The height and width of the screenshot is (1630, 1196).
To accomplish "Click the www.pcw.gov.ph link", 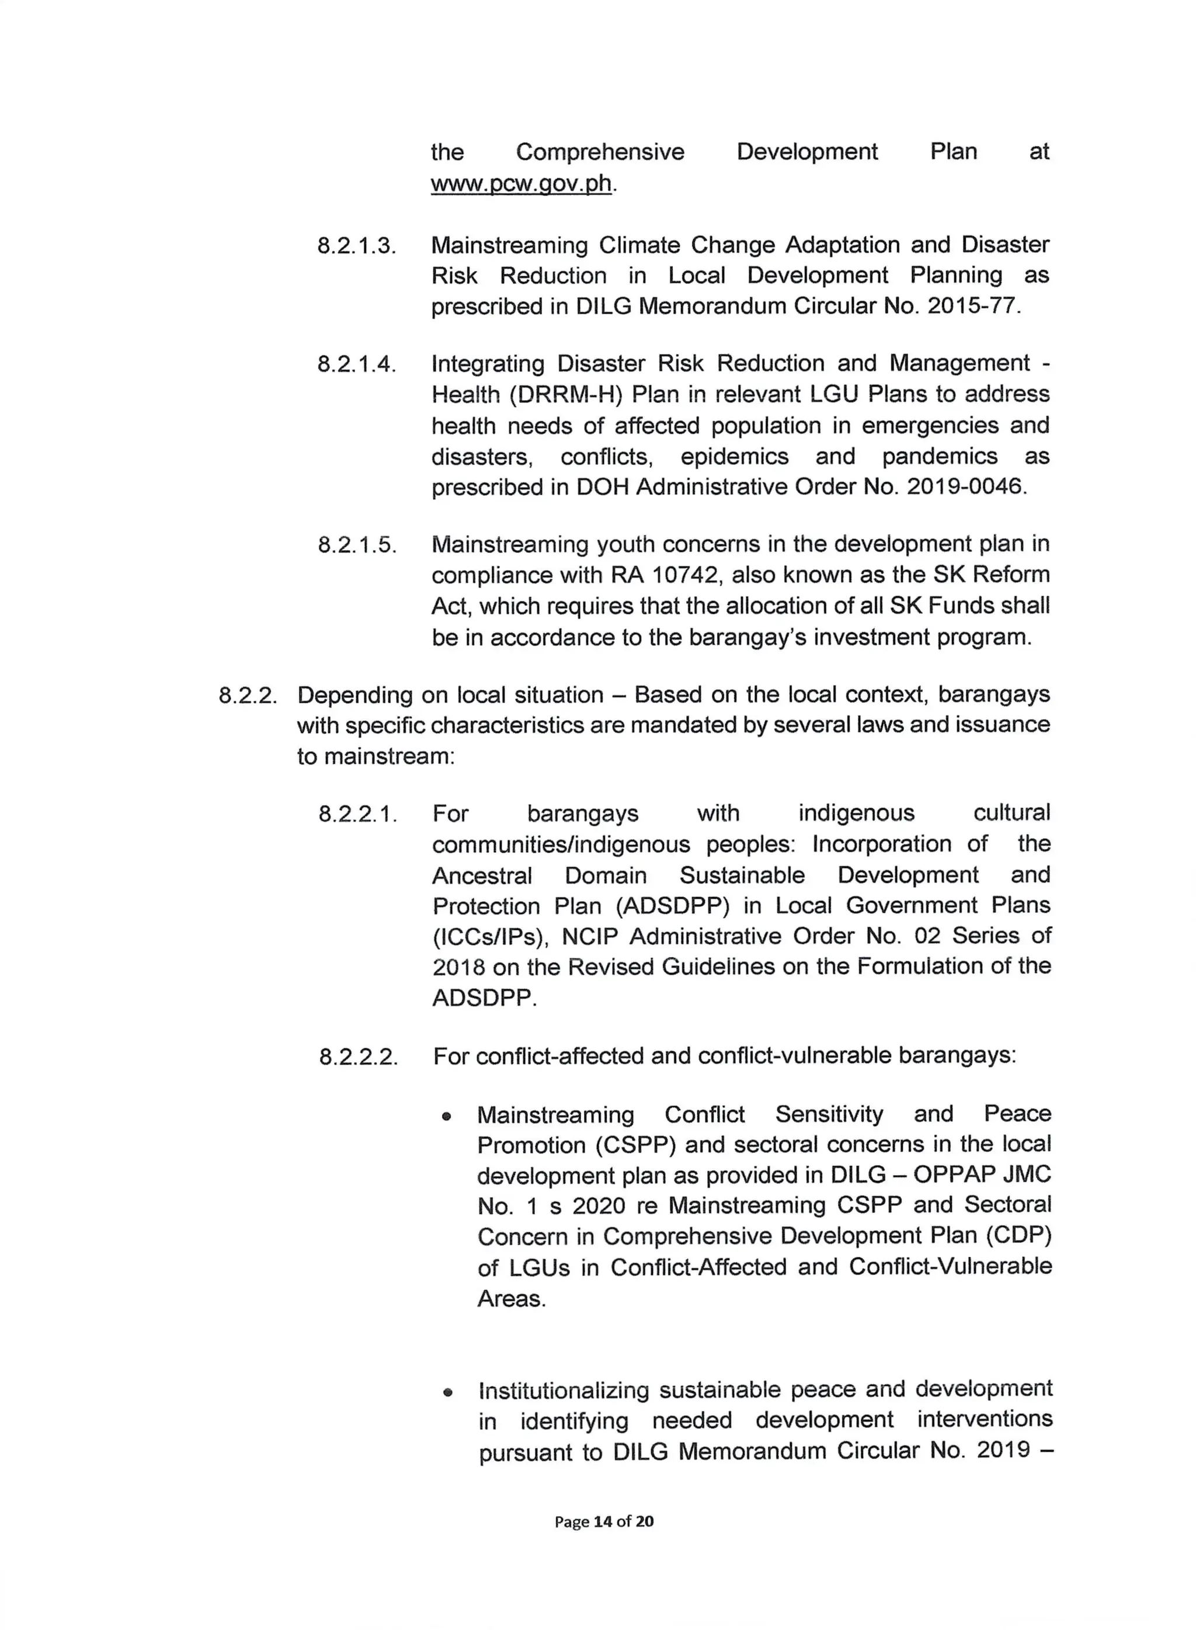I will [521, 184].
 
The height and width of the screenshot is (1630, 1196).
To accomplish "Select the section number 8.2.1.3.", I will [357, 246].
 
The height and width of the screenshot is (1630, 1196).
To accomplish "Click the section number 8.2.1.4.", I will [357, 364].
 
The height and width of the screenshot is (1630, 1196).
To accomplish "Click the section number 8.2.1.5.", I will [357, 545].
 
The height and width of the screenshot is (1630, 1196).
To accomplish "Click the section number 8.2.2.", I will [248, 696].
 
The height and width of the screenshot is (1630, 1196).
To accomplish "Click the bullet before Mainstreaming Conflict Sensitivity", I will [447, 1117].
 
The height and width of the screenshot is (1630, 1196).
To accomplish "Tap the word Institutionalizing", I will [565, 1391].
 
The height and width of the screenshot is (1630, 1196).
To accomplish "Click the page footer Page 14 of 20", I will [604, 1521].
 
